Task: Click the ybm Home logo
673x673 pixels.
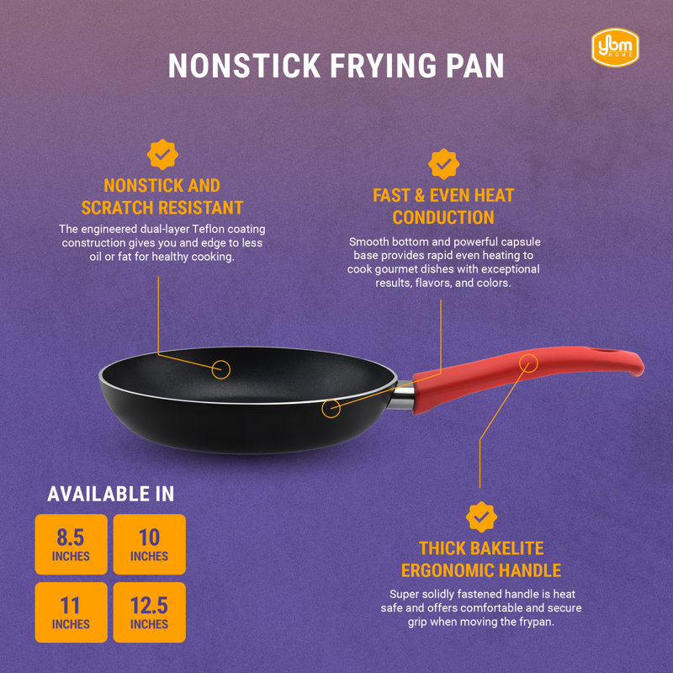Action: tap(615, 47)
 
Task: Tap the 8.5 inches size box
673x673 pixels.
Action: tap(72, 544)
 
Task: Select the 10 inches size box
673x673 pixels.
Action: tap(150, 544)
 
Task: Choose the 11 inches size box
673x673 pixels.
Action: tap(72, 612)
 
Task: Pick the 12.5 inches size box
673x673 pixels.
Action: tap(150, 612)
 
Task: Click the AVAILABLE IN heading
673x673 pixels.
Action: tap(111, 494)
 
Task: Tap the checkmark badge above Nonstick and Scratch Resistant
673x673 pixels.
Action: tap(162, 154)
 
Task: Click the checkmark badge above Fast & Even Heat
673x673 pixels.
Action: tap(443, 164)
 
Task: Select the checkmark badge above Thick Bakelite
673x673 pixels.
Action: tap(481, 517)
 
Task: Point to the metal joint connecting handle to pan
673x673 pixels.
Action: tap(402, 395)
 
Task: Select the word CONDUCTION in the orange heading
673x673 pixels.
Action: tap(443, 218)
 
